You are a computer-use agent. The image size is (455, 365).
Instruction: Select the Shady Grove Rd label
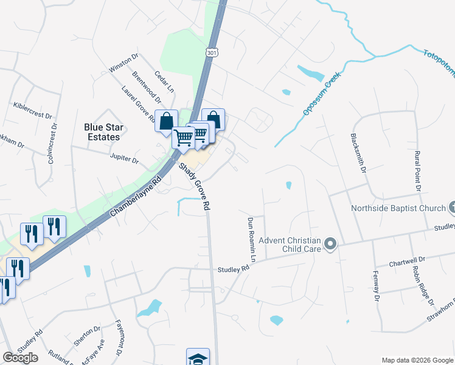click(x=194, y=187)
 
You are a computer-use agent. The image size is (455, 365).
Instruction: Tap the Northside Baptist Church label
click(x=398, y=209)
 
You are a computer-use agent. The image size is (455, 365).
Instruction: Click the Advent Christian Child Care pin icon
click(x=330, y=245)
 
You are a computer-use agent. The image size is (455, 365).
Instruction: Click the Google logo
click(x=20, y=358)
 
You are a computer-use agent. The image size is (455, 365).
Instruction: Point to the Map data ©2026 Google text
click(x=417, y=360)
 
